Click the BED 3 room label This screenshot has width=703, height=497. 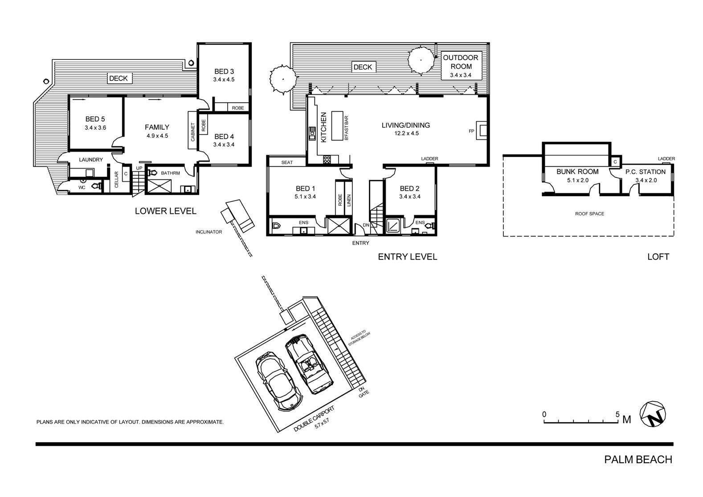tap(224, 72)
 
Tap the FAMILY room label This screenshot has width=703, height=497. tap(157, 127)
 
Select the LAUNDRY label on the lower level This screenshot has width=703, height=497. tap(91, 160)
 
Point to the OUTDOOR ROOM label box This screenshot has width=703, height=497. tap(460, 65)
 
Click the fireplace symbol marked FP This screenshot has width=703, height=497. tap(482, 131)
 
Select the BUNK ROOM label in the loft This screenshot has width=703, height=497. tap(577, 172)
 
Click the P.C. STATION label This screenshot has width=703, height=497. tap(646, 172)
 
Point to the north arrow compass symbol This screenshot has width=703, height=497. tap(653, 414)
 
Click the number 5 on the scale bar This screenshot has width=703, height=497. tap(617, 414)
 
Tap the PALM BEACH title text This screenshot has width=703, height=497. tap(638, 460)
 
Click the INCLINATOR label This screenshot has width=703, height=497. tap(208, 232)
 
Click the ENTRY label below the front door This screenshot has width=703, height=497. tap(360, 243)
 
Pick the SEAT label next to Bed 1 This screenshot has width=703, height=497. tap(287, 162)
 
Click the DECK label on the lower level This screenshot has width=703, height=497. tap(119, 78)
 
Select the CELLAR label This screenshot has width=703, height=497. tap(117, 179)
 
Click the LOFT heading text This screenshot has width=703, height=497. tap(658, 257)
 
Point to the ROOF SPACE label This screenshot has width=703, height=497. tap(589, 214)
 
